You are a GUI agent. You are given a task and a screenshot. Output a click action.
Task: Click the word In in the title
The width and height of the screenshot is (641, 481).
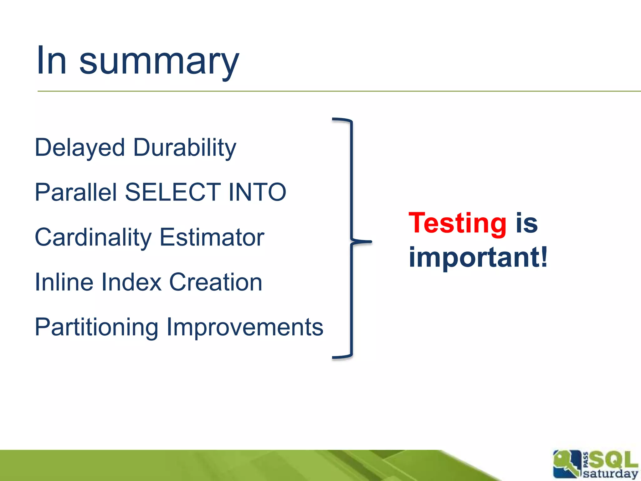click(52, 60)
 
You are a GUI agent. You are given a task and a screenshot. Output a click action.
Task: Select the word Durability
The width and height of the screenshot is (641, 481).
click(185, 148)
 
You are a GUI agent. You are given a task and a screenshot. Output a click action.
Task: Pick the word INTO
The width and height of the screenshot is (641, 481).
click(257, 192)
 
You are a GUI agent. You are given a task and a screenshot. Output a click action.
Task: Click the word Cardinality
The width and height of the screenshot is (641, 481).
click(93, 237)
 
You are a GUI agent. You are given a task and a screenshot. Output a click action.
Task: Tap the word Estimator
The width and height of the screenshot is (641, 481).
click(212, 237)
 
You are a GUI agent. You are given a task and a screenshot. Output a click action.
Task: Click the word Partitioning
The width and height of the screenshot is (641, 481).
click(96, 327)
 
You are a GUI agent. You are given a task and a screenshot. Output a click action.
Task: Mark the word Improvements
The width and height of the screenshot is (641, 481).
click(244, 327)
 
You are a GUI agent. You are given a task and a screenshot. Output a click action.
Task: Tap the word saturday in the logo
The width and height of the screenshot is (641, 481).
click(610, 473)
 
